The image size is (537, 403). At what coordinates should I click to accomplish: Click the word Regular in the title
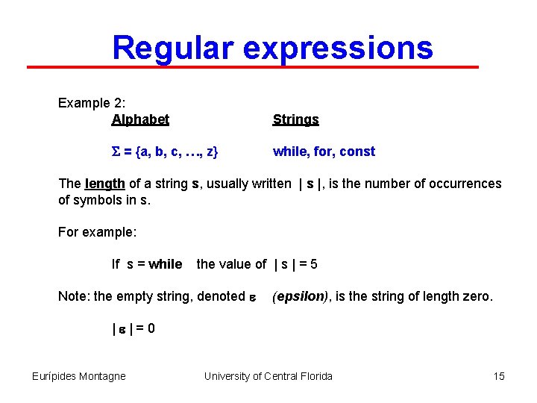tap(172, 48)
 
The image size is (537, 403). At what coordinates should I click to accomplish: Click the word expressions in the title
tap(338, 48)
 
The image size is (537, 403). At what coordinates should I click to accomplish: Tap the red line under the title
tap(254, 67)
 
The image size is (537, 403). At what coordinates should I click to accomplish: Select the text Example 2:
tap(91, 103)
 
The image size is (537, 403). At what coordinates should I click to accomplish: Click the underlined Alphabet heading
tap(140, 119)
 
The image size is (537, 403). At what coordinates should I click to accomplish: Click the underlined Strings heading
tap(295, 119)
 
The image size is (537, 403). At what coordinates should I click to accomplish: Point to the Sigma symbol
tap(115, 152)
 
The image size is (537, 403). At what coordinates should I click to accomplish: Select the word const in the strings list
tap(357, 151)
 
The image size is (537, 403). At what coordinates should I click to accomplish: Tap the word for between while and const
tap(323, 151)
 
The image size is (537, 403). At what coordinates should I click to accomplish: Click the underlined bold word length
tap(105, 184)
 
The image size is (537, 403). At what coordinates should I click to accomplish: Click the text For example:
tap(97, 232)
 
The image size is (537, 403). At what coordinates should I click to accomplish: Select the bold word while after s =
tap(165, 264)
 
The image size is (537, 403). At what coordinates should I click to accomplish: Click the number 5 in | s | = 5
tap(314, 264)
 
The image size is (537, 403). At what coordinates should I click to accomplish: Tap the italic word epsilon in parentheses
tap(301, 296)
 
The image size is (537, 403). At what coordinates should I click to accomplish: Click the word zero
tap(478, 296)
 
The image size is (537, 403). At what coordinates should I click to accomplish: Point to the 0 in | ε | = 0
tap(151, 328)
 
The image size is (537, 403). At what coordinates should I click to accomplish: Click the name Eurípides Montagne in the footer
tap(79, 376)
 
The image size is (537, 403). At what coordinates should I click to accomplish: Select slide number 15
tap(499, 376)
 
